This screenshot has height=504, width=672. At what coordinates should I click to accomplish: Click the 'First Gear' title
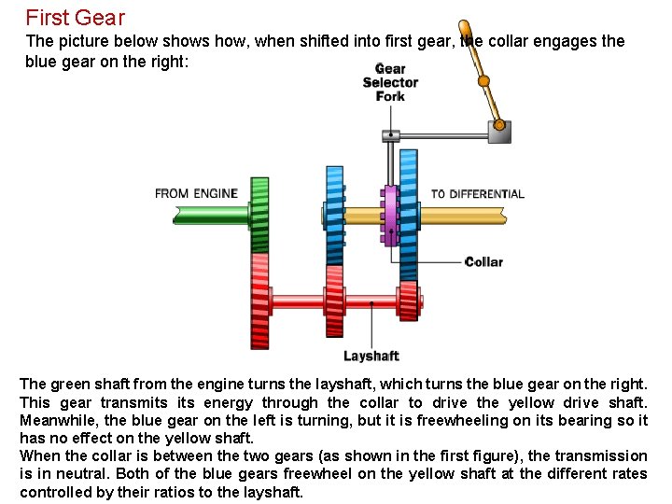(x=75, y=17)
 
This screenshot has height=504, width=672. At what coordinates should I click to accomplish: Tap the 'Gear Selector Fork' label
(x=390, y=82)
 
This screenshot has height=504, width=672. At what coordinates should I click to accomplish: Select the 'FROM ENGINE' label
(x=196, y=193)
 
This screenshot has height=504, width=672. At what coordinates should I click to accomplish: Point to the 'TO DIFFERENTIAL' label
(x=477, y=194)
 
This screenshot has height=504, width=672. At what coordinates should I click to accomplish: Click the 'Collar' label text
(x=483, y=262)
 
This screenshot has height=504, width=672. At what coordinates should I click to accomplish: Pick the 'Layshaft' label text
(x=371, y=356)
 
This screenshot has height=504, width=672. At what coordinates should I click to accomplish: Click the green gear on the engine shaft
(x=259, y=214)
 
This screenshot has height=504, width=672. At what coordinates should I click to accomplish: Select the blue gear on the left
(x=334, y=216)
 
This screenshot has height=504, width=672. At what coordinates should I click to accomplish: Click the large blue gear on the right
(x=409, y=215)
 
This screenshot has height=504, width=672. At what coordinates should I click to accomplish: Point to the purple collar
(x=390, y=216)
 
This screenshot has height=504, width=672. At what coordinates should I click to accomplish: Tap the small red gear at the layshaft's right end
(x=408, y=301)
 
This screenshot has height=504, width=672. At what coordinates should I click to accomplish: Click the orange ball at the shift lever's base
(x=499, y=123)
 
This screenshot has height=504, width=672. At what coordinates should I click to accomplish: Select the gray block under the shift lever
(x=500, y=133)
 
